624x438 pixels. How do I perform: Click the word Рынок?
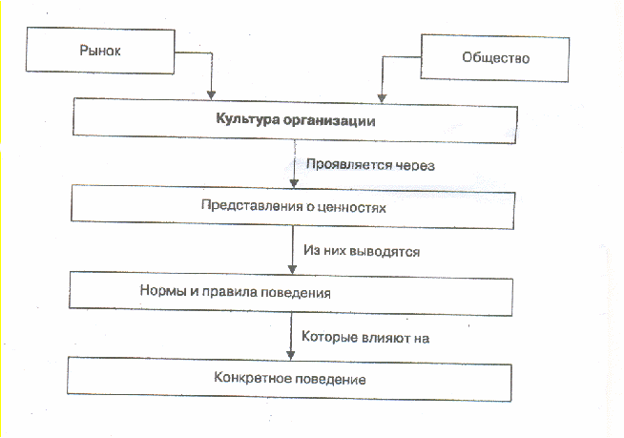pyautogui.click(x=100, y=51)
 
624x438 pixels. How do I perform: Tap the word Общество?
pyautogui.click(x=495, y=58)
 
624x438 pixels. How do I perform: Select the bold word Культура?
pyautogui.click(x=247, y=119)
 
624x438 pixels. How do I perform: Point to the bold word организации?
pyautogui.click(x=329, y=120)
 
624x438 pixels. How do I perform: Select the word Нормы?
pyautogui.click(x=163, y=290)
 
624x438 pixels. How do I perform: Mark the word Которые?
pyautogui.click(x=329, y=337)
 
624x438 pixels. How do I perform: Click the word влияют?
pyautogui.click(x=386, y=338)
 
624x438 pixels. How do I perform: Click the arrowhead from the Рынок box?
pyautogui.click(x=211, y=94)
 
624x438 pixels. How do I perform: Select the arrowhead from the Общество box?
pyautogui.click(x=382, y=98)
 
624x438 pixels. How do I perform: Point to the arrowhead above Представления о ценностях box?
pyautogui.click(x=294, y=183)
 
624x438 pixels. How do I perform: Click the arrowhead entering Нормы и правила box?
pyautogui.click(x=292, y=269)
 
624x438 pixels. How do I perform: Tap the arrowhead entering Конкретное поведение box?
pyautogui.click(x=290, y=355)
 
